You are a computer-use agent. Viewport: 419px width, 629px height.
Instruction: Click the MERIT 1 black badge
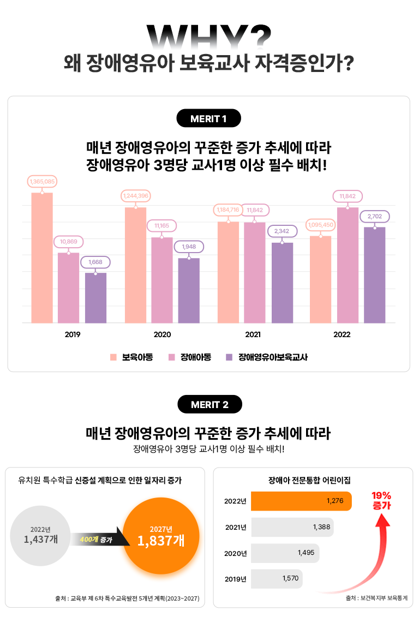209,118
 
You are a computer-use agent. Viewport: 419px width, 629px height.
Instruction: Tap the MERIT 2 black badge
209,404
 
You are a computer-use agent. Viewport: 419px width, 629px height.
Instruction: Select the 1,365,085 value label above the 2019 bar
42,181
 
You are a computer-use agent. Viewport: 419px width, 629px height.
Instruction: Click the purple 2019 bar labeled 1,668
95,298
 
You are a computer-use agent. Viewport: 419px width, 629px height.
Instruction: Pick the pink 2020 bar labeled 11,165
161,280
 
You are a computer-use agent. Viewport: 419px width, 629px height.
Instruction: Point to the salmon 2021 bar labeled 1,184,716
228,272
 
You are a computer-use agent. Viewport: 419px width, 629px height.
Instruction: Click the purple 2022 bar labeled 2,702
374,275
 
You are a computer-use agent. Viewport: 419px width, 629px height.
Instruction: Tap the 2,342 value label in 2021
282,231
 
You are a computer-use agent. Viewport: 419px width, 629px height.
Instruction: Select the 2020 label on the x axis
162,334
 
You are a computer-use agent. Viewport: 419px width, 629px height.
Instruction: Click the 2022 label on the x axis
342,334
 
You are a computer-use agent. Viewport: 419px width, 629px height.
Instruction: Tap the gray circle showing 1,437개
41,535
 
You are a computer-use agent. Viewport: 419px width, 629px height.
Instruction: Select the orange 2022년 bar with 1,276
301,501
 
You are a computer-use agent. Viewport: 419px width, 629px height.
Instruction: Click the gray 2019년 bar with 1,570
277,579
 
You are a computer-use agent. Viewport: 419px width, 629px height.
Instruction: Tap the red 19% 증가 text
381,500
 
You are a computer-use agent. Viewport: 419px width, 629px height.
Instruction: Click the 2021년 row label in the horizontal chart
236,527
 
